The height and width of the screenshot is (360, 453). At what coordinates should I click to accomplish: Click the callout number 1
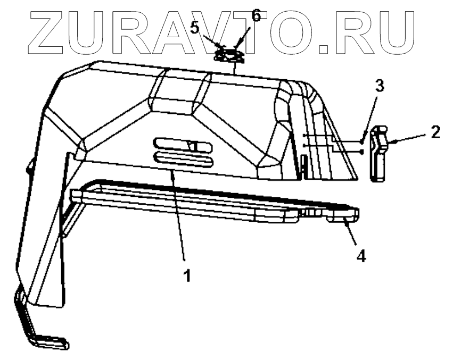tap(186, 277)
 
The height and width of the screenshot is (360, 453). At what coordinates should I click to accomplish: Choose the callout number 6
tap(257, 14)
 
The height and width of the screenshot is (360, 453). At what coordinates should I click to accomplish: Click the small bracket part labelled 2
tap(379, 154)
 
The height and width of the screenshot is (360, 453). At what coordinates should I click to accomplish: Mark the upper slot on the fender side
tap(176, 144)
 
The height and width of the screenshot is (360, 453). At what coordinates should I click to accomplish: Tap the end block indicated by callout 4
tap(344, 217)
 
